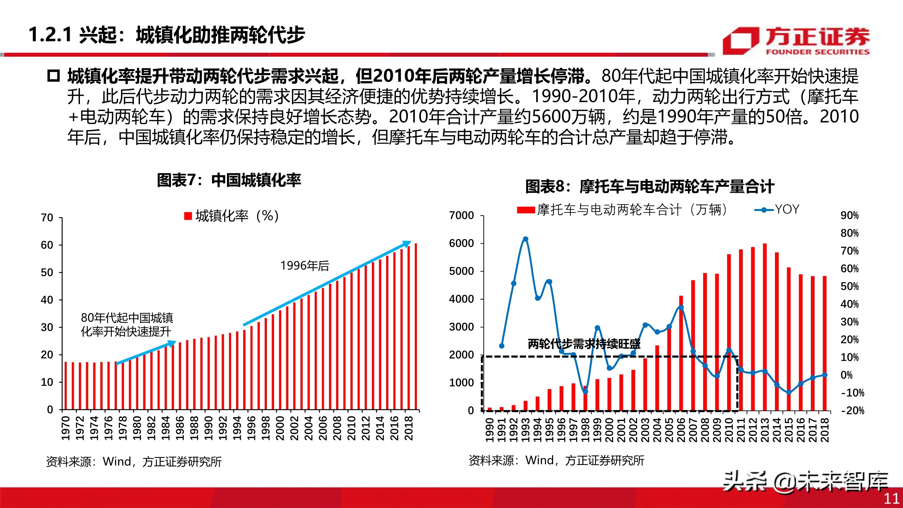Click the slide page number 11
coord(891,498)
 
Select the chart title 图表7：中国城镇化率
coord(229,180)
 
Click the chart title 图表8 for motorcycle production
coord(649,186)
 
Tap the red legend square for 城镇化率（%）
coord(188,216)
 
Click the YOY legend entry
coord(776,210)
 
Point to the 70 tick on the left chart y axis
coord(47,218)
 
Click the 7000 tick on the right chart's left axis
coord(461,215)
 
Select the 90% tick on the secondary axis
coord(849,215)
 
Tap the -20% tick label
coord(853,410)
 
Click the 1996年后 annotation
coord(304,266)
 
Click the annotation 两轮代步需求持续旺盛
coord(584,344)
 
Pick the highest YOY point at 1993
coord(525,239)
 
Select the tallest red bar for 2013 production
coord(764,326)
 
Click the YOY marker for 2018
coord(824,375)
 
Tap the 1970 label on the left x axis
coord(66,428)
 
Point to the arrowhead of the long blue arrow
coord(408,243)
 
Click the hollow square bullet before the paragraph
coord(53,76)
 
